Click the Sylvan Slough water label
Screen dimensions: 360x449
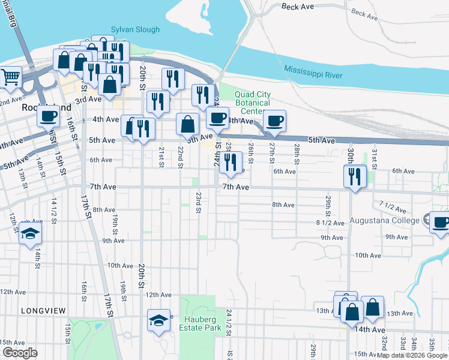point(135,29)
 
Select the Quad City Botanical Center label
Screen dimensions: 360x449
point(253,103)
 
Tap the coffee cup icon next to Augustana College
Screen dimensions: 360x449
point(441,222)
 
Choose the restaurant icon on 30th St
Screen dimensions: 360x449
point(355,175)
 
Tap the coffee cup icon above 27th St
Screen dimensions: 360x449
point(275,121)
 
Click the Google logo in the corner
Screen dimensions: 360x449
point(20,353)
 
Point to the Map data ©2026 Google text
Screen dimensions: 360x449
point(412,355)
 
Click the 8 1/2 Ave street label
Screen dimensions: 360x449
point(330,223)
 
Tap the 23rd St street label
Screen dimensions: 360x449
point(198,203)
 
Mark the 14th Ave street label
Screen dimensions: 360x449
point(369,329)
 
